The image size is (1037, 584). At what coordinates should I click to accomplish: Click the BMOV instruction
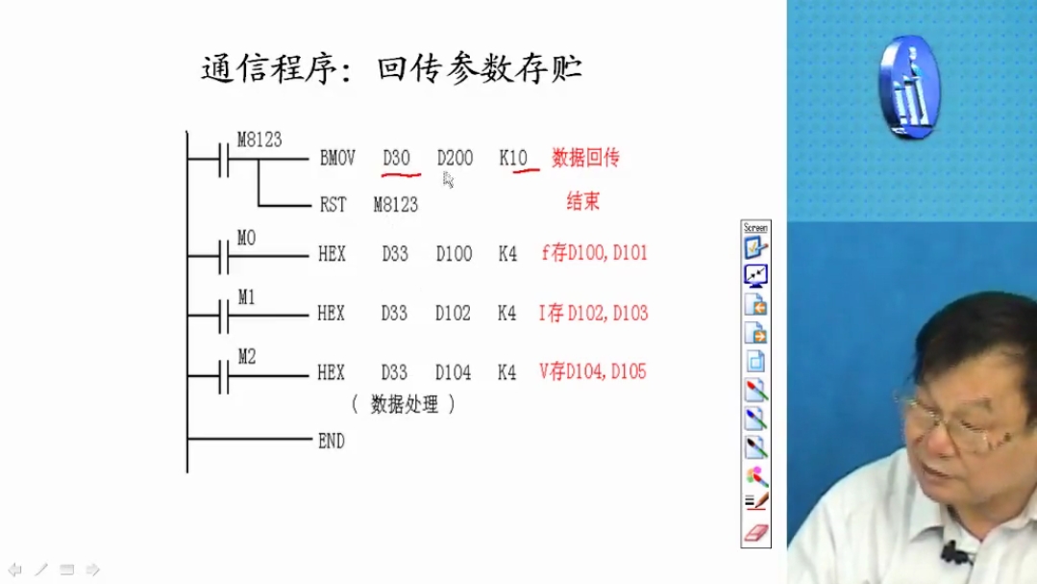pos(337,158)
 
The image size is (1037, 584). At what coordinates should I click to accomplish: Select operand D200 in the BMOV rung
pos(455,158)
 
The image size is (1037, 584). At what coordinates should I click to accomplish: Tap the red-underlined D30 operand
pos(396,158)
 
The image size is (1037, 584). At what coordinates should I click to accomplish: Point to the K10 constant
pos(513,158)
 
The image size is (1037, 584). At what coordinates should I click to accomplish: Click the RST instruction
pos(333,205)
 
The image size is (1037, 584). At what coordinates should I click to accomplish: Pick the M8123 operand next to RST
pos(396,205)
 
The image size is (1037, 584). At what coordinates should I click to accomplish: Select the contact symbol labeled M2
pos(224,375)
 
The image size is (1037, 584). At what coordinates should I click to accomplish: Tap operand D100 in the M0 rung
pos(454,254)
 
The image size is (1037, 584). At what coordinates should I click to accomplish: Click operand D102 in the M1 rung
pos(453,313)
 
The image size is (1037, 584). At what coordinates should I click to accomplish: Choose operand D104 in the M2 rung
pos(453,372)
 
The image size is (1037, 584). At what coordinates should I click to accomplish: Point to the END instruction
pos(332,441)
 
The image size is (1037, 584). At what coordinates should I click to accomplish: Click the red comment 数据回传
pos(585,158)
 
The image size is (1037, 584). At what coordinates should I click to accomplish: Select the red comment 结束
pos(582,201)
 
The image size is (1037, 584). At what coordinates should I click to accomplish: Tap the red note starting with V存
pos(593,371)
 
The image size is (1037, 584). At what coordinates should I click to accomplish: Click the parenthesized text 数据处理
pos(404,404)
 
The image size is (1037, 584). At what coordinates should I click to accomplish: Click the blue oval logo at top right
pos(909,87)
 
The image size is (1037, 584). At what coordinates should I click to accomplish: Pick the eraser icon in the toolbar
pos(756,533)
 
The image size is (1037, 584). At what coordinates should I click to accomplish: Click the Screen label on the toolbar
pos(755,228)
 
